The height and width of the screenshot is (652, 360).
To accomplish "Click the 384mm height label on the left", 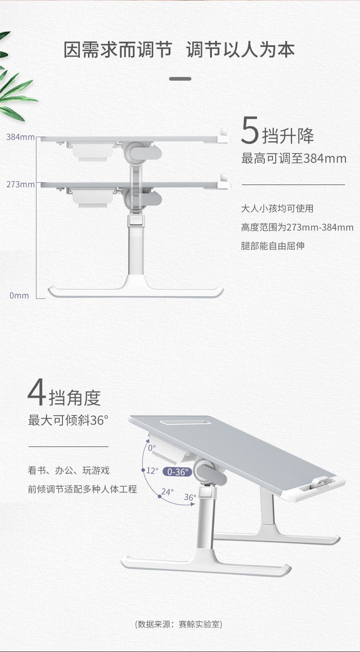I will coord(20,137).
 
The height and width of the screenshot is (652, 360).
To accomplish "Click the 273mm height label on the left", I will coord(20,185).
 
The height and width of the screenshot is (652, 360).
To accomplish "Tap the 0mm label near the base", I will coord(19,296).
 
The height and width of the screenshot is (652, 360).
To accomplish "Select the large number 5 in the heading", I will coord(250,131).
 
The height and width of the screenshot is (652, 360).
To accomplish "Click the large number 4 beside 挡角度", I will coord(37,393).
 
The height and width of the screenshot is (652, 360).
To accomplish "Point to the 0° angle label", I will coord(152,448).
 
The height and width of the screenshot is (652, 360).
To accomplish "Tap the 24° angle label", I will coord(167,492).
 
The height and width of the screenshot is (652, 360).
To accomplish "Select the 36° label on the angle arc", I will coord(190,497).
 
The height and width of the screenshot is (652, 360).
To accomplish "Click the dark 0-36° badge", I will coord(177,472).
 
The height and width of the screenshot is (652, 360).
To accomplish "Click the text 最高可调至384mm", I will coord(293,159).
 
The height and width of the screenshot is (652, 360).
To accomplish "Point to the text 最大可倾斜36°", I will coord(68,420).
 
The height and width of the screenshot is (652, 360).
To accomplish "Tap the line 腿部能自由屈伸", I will coord(273,246).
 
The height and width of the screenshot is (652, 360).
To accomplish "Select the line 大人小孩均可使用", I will coord(277,209).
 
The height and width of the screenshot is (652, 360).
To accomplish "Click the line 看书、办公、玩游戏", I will coord(68,471).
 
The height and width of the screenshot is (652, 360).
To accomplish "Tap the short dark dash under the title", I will coord(180,79).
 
